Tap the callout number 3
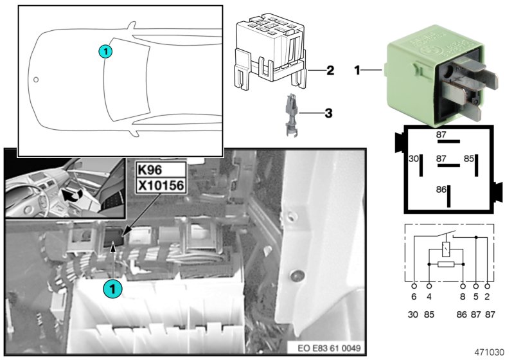click(x=328, y=114)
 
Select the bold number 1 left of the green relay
click(x=359, y=69)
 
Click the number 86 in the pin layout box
click(x=441, y=190)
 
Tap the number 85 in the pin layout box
click(x=469, y=157)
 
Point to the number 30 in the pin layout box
click(x=414, y=157)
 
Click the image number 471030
click(x=490, y=352)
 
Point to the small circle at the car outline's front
click(x=37, y=81)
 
